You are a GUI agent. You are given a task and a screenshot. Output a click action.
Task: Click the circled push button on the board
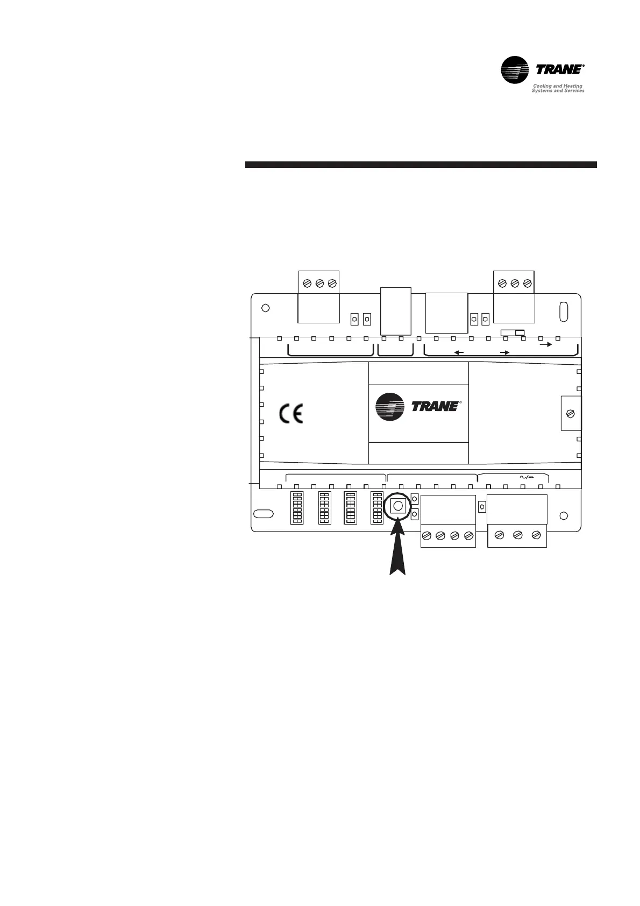coord(397,506)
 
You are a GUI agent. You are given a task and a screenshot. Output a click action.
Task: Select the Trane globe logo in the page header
coord(515,71)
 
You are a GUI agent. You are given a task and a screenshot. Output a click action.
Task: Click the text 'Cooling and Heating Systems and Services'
coord(558,88)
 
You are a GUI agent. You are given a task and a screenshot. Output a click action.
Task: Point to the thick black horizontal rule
coord(421,165)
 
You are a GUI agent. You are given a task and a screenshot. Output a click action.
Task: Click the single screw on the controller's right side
coord(571,414)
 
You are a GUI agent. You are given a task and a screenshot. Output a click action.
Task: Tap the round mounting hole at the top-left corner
coord(265,308)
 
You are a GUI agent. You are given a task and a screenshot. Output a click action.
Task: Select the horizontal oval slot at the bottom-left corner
coord(264,514)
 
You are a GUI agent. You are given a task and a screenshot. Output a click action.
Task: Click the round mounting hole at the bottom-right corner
coord(563,515)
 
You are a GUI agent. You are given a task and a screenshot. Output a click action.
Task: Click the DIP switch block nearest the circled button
coord(376,507)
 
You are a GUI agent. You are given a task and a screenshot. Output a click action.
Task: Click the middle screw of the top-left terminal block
coord(319,283)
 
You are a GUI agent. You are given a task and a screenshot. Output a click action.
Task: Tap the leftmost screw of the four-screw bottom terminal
coord(427,536)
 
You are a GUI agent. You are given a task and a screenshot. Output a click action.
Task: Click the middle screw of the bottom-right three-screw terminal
coord(517,535)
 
